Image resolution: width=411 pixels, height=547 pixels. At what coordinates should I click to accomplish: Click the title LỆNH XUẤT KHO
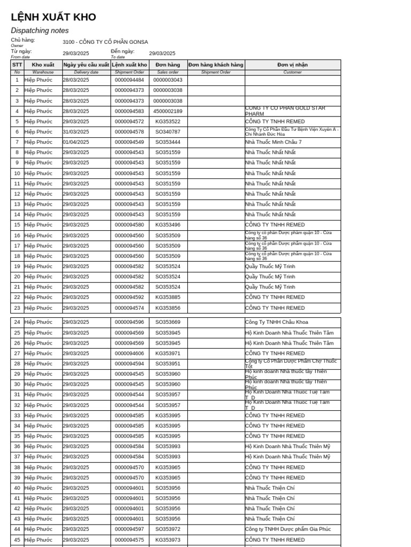(54, 17)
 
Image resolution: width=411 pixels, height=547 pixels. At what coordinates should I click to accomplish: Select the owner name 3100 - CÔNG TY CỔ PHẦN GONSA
(105, 42)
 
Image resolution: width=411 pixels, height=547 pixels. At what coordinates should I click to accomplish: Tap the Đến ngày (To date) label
(123, 52)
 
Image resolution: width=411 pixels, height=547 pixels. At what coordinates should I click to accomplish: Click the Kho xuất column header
(43, 65)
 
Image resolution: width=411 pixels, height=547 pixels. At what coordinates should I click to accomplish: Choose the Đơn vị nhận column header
(292, 65)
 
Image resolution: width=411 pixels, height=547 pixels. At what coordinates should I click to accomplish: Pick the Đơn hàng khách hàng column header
(216, 65)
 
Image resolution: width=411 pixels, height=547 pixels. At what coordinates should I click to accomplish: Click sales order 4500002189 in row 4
(168, 111)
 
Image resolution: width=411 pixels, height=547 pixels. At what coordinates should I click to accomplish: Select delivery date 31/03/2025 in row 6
(76, 132)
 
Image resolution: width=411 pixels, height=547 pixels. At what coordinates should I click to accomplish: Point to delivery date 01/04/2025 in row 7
(76, 142)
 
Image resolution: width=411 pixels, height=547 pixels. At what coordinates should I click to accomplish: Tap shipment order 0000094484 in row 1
(130, 80)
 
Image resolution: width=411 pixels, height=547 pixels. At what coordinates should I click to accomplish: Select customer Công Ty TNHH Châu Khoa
(276, 322)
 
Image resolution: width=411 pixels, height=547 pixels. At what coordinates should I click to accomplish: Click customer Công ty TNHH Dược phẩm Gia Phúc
(288, 529)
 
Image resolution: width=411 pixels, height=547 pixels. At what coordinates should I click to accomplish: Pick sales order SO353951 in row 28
(168, 364)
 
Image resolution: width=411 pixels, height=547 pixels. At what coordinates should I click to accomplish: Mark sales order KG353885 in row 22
(168, 298)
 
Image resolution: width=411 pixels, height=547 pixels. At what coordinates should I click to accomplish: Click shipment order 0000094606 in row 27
(130, 354)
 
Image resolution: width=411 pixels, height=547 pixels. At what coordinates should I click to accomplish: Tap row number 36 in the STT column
(17, 447)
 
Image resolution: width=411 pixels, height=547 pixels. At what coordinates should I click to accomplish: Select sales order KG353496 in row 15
(168, 225)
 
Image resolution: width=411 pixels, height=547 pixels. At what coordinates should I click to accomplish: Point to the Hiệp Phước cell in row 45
(39, 540)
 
